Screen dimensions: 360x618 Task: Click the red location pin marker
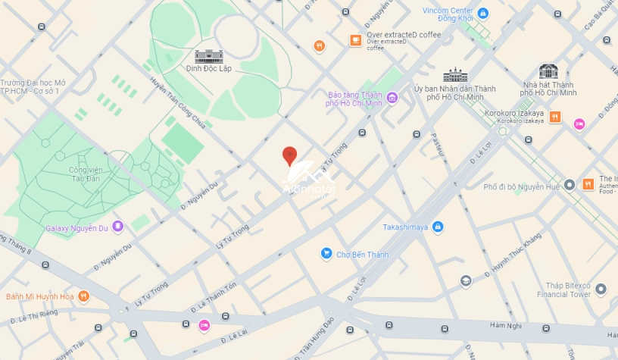click(289, 156)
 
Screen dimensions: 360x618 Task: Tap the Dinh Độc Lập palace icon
click(209, 56)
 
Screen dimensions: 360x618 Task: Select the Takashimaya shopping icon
click(438, 227)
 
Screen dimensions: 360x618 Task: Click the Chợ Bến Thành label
click(362, 255)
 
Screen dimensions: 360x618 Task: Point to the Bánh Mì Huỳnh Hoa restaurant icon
click(83, 296)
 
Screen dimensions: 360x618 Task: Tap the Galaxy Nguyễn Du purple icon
click(117, 227)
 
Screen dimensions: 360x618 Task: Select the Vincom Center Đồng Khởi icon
click(483, 13)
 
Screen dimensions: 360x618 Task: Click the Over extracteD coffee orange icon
click(355, 39)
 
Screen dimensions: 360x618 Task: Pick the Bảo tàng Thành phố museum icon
click(392, 97)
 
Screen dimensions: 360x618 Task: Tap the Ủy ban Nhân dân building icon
click(455, 75)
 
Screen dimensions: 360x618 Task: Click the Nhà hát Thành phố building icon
click(548, 71)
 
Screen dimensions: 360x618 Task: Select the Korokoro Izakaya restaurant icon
click(555, 117)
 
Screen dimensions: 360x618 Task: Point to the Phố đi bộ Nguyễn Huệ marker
click(570, 185)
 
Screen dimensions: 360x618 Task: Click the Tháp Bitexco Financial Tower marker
click(601, 289)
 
